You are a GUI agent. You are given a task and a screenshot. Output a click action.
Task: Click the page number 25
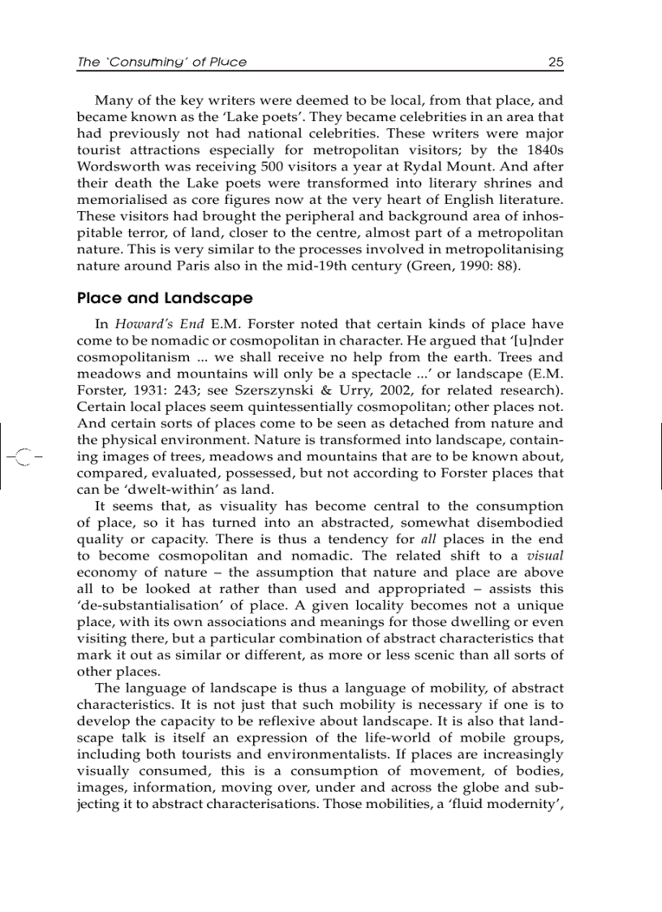click(x=556, y=62)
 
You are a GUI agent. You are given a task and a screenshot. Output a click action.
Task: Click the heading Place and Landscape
click(x=165, y=298)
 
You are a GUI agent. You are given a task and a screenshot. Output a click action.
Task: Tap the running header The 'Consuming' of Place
click(x=161, y=62)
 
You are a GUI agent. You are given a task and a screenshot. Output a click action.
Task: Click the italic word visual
click(x=545, y=556)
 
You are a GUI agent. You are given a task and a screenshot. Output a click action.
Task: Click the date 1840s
click(x=543, y=150)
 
